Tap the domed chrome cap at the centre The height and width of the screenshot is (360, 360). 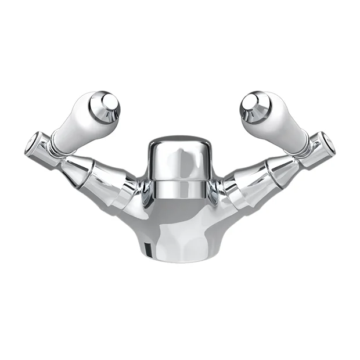click(x=180, y=160)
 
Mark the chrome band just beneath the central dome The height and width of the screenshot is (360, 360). click(x=180, y=189)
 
